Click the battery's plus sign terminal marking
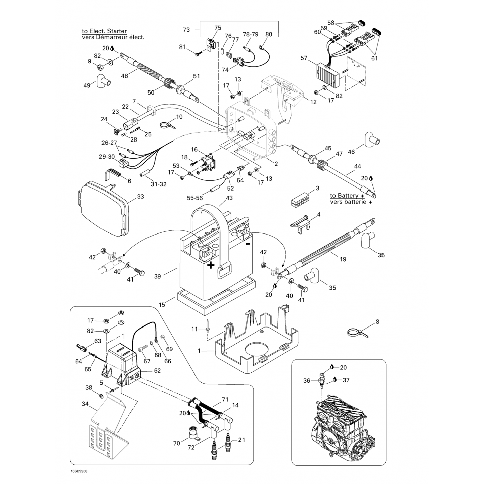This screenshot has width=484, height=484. [x=211, y=265]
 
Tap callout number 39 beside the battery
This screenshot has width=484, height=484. [x=157, y=276]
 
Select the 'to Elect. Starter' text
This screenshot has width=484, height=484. [x=104, y=31]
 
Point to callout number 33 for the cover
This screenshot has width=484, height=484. [x=140, y=197]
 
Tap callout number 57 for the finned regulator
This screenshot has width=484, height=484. [x=304, y=58]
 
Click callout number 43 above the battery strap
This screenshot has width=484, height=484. [x=229, y=198]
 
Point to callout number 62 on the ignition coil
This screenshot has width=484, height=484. [x=157, y=370]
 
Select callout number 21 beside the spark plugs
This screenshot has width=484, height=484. [x=241, y=440]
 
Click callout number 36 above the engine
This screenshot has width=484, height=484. [x=307, y=380]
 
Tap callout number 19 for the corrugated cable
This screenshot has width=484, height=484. [x=343, y=259]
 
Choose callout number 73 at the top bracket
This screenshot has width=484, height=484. [x=186, y=30]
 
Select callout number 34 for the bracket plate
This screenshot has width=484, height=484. [x=85, y=403]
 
